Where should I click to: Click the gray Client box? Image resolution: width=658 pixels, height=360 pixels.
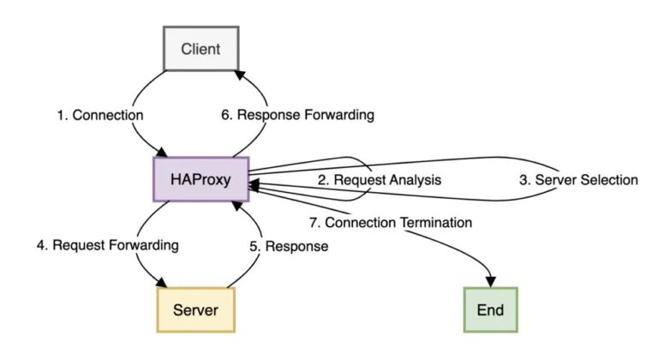[x=201, y=49]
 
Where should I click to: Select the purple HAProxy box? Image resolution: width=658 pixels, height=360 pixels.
[x=201, y=179]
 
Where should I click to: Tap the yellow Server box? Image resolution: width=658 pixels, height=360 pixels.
[x=196, y=310]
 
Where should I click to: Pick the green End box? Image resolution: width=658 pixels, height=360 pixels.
[x=491, y=310]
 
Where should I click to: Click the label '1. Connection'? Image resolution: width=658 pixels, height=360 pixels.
[x=100, y=115]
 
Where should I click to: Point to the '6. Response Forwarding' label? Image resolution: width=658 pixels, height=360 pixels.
[x=297, y=115]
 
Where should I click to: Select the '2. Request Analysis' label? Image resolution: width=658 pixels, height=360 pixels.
[x=380, y=180]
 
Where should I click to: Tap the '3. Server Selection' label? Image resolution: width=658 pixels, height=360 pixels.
[x=578, y=180]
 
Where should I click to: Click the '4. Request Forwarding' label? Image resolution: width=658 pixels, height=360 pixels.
[x=108, y=245]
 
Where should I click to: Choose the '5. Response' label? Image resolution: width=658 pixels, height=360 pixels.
[x=289, y=246]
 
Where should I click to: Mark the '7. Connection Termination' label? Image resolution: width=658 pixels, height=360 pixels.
[x=391, y=222]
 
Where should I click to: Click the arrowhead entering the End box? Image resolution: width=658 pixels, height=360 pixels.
[x=491, y=282]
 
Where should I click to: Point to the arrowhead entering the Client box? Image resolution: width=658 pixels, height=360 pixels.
[x=241, y=75]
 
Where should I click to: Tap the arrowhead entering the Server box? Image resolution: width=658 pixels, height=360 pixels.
[x=161, y=282]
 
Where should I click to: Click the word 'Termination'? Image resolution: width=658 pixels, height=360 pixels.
[x=435, y=222]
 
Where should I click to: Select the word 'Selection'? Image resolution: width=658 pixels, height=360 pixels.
[x=609, y=180]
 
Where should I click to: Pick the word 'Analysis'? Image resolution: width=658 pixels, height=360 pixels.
[x=415, y=180]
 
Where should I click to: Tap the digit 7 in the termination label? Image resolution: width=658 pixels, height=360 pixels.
[x=313, y=222]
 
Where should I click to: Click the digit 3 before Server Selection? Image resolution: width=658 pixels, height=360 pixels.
[x=523, y=180]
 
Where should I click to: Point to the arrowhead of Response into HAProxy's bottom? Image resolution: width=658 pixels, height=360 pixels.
[x=237, y=206]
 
